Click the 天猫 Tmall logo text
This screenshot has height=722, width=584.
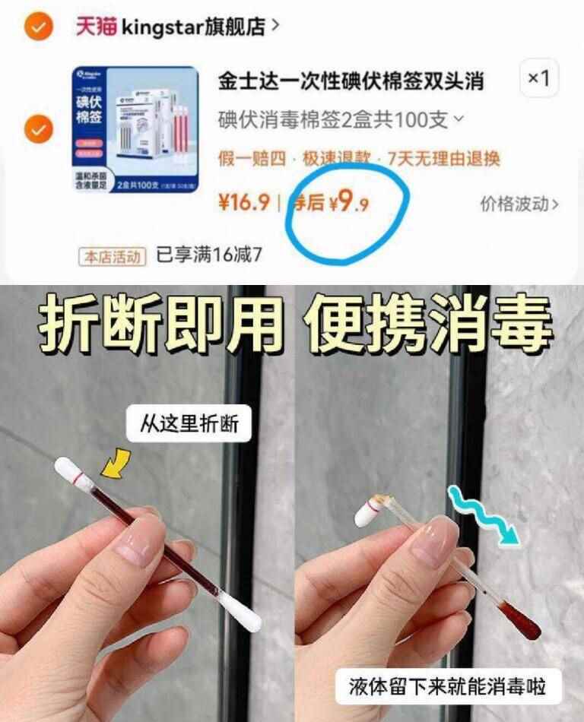95,27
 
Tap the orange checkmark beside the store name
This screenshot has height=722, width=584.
37,27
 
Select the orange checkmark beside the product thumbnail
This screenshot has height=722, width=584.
37,130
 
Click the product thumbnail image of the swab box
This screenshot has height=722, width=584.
135,129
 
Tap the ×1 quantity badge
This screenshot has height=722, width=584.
539,79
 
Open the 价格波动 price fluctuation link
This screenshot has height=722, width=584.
519,204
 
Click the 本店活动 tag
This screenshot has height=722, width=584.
112,255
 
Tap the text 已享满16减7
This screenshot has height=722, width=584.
209,255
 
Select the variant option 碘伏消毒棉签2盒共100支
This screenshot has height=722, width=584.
340,120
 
